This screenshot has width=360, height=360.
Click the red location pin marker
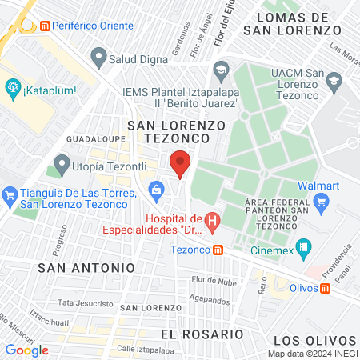pyautogui.click(x=180, y=164)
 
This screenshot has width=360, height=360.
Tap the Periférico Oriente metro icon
pyautogui.click(x=45, y=26)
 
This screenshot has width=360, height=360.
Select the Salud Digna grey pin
pyautogui.click(x=98, y=56)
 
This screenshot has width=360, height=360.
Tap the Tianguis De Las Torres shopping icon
pyautogui.click(x=10, y=194)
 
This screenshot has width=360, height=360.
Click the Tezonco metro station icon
pyautogui.click(x=218, y=249)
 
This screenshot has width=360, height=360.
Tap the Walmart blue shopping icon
pyautogui.click(x=321, y=201)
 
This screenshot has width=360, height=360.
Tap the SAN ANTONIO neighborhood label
pyautogui.click(x=87, y=266)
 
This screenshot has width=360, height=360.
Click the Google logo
pyautogui.click(x=27, y=350)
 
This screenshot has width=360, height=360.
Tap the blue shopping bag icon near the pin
pyautogui.click(x=156, y=189)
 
